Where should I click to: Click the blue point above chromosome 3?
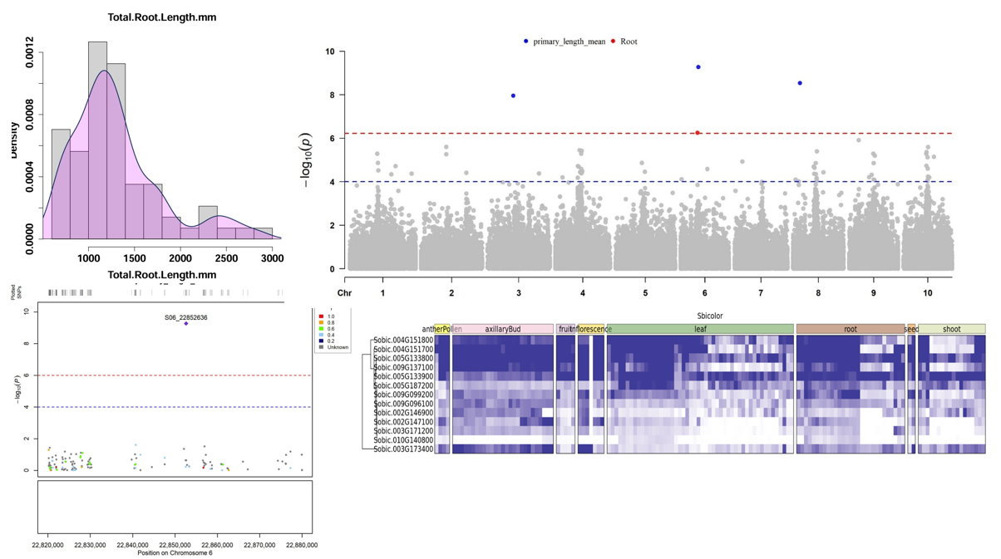(x=513, y=96)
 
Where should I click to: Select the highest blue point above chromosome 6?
(x=698, y=67)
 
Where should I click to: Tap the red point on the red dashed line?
(x=698, y=133)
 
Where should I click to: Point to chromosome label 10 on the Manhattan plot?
(x=927, y=293)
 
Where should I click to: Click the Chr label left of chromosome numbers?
(x=344, y=293)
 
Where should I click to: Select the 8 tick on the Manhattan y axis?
(x=331, y=96)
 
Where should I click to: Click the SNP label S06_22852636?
(x=185, y=317)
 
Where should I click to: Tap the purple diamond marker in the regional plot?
(x=186, y=324)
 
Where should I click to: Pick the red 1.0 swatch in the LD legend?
(x=321, y=316)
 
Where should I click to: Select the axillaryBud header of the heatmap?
(x=502, y=330)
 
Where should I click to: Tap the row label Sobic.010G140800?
(x=403, y=440)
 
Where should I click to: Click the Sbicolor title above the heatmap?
(x=709, y=316)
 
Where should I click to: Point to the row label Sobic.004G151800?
(x=403, y=340)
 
